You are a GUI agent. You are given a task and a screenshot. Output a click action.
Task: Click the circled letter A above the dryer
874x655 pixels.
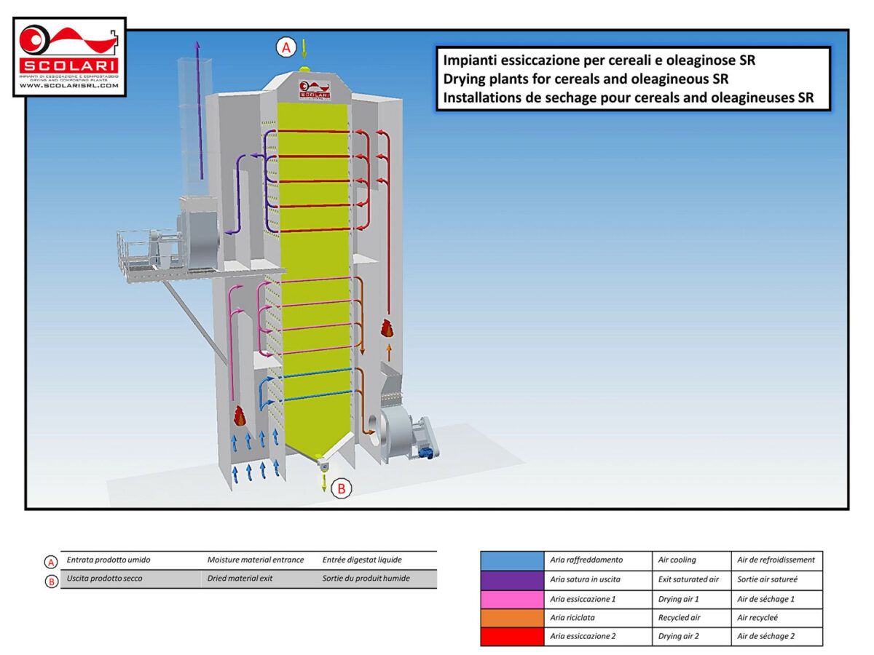click(286, 48)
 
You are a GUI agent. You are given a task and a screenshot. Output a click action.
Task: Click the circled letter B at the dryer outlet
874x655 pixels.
click(342, 488)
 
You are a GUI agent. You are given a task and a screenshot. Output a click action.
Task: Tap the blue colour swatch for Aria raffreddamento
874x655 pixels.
click(512, 560)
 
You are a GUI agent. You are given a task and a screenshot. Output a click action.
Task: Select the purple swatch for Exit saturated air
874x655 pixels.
click(512, 579)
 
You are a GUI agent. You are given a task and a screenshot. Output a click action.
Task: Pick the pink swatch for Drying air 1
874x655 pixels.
click(512, 598)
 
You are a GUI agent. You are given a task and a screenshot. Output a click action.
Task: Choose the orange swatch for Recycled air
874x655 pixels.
click(512, 617)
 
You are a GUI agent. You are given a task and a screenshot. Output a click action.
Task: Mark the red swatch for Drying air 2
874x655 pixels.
click(512, 636)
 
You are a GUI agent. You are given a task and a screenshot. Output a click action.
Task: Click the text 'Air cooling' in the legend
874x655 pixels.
click(677, 560)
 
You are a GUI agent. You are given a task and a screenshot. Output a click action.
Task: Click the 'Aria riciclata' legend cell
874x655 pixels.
click(576, 617)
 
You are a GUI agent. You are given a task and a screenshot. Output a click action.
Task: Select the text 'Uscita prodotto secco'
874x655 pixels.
click(105, 579)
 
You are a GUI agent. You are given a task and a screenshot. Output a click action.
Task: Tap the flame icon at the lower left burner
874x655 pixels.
click(240, 416)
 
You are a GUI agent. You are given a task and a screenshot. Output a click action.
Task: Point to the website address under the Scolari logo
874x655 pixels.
click(69, 86)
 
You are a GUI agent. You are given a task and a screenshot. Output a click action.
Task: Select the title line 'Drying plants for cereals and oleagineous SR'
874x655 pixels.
click(586, 79)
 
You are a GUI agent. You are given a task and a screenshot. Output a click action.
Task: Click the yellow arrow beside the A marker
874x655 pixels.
click(304, 49)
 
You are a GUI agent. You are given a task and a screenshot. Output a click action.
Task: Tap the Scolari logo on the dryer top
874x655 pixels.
click(315, 91)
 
